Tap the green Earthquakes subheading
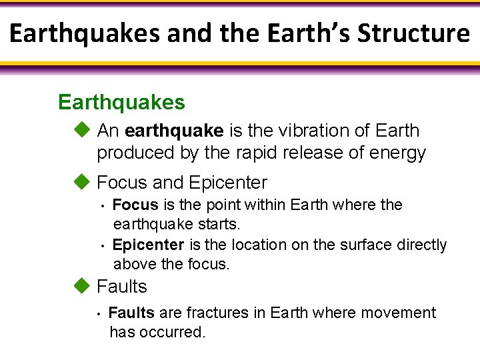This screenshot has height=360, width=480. coord(121,103)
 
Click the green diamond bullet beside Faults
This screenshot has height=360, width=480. coord(81,286)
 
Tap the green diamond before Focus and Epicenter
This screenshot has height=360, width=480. coord(81,182)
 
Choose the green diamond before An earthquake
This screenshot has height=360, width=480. coord(81,130)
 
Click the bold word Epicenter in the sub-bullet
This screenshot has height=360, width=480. coord(148,245)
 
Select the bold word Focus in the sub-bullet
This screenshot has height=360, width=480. coord(135,205)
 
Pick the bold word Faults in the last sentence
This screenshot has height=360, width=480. coord(131,313)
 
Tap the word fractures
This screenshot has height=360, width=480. coord(217,313)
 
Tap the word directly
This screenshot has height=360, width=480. coord(422,245)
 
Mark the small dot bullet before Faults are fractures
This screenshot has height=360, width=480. coord(98,313)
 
